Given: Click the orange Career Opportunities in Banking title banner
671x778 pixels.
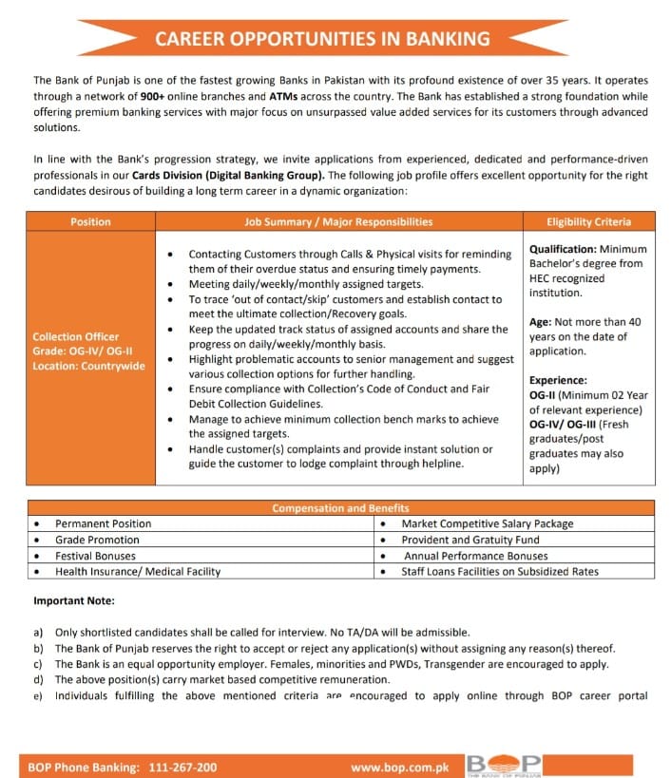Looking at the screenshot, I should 322,39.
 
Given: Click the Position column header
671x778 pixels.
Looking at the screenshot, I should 90,221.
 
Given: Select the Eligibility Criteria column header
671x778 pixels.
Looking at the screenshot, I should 588,221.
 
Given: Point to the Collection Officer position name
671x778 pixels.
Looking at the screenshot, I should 76,336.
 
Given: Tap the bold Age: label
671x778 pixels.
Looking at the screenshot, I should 541,322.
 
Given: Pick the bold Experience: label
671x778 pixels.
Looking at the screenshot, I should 558,380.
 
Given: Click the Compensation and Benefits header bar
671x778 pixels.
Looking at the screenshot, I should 340,508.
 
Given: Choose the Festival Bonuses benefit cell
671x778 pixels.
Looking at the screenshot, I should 95,556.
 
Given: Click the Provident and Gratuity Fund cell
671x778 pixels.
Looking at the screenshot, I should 470,540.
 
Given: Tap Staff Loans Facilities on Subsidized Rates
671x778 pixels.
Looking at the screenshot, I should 500,572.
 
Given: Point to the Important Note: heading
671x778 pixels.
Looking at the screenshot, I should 74,600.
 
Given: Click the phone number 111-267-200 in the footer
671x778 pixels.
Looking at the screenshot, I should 181,767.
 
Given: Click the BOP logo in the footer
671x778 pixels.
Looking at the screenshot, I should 504,765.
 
